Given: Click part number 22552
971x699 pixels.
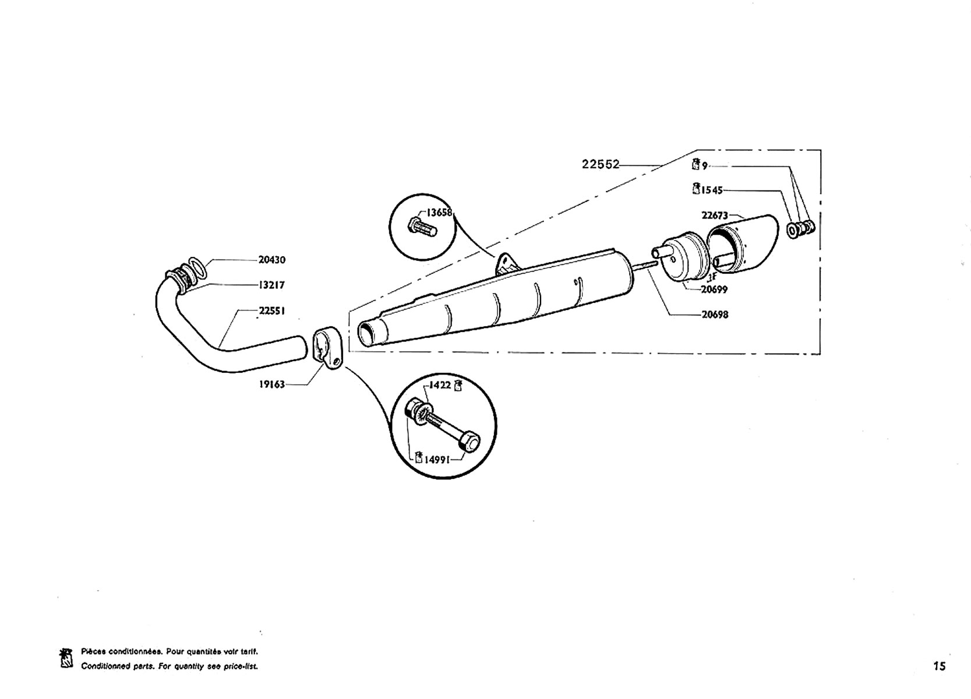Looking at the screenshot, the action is pos(601,165).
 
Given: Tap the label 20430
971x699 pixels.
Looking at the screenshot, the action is pos(272,260).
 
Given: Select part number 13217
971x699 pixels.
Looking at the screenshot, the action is pos(271,285).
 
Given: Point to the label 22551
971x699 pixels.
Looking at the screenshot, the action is pos(272,311).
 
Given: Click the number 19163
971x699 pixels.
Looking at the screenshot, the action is pos(272,384).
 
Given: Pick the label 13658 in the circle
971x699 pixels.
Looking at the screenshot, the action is pos(439,213).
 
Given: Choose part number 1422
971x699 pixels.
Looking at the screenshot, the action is pos(440,385).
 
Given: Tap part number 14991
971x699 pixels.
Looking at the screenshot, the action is pos(437,460).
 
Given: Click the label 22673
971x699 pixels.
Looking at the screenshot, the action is pos(715,215).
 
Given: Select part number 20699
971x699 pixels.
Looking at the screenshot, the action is pos(714,290).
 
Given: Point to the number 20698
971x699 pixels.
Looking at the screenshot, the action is pos(715,315).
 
